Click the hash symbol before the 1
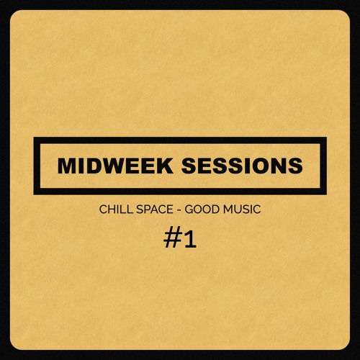click(172, 240)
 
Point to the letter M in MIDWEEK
click(68, 166)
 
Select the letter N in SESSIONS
click(277, 166)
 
